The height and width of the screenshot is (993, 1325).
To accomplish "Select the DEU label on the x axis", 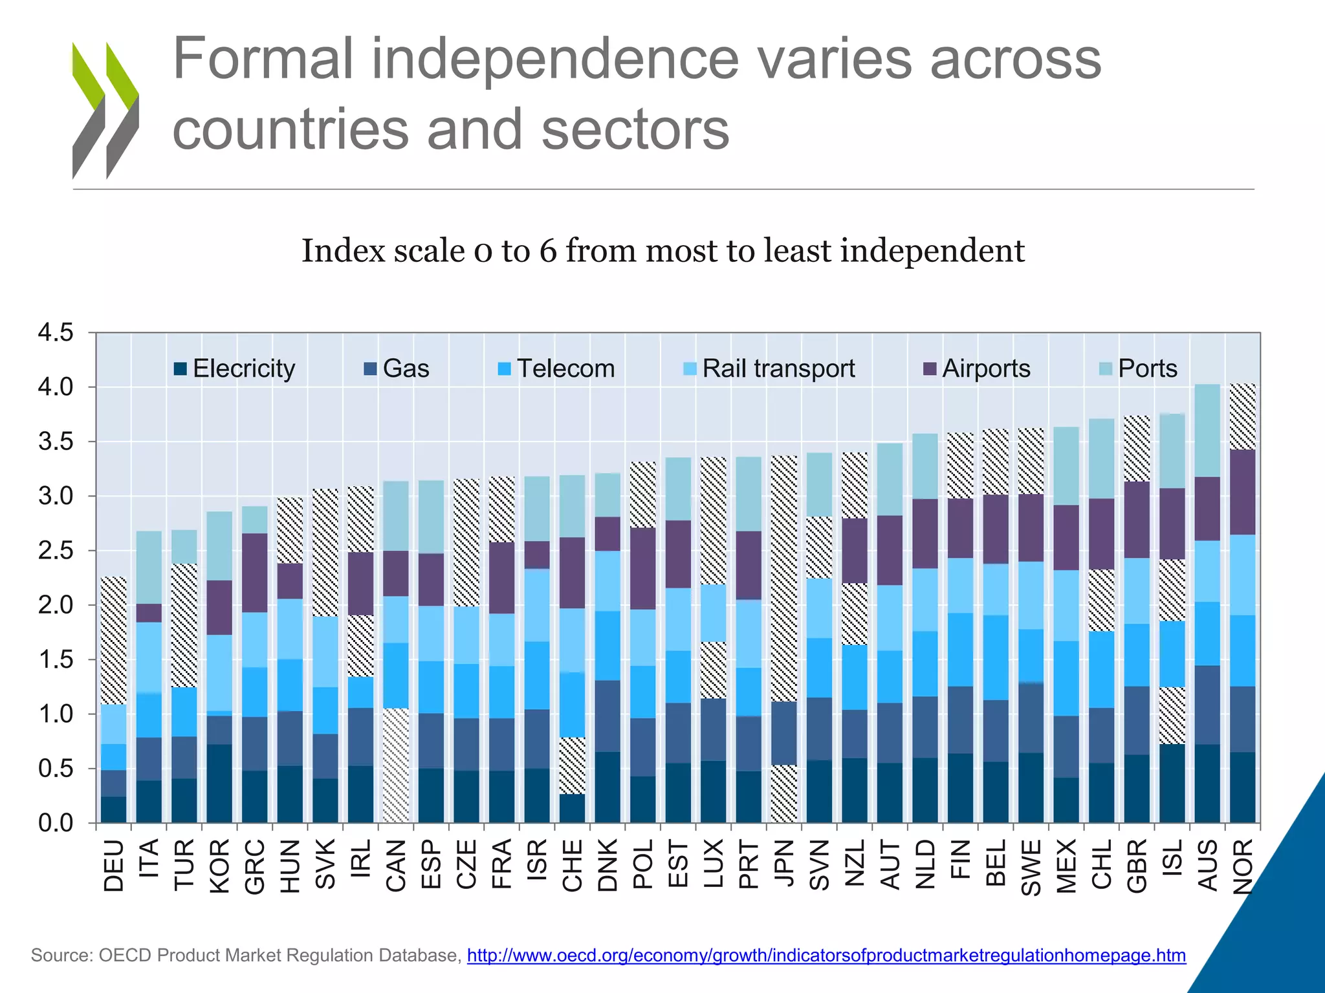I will tap(114, 866).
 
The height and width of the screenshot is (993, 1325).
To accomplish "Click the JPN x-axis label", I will tap(784, 866).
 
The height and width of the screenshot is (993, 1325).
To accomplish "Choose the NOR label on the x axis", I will tap(1243, 866).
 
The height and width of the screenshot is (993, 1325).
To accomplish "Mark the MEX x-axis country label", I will tap(1066, 866).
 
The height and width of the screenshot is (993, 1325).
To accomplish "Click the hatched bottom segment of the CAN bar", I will tap(395, 765).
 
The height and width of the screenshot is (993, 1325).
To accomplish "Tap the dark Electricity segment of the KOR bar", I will tap(219, 784).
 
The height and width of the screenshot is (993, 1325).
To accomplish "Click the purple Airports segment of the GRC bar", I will tap(254, 573).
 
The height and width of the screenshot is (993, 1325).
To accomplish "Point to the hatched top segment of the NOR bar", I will tap(1242, 417).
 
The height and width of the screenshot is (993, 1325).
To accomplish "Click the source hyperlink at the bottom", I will tap(826, 956).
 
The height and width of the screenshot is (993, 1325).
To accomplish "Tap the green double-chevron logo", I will tap(105, 110).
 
